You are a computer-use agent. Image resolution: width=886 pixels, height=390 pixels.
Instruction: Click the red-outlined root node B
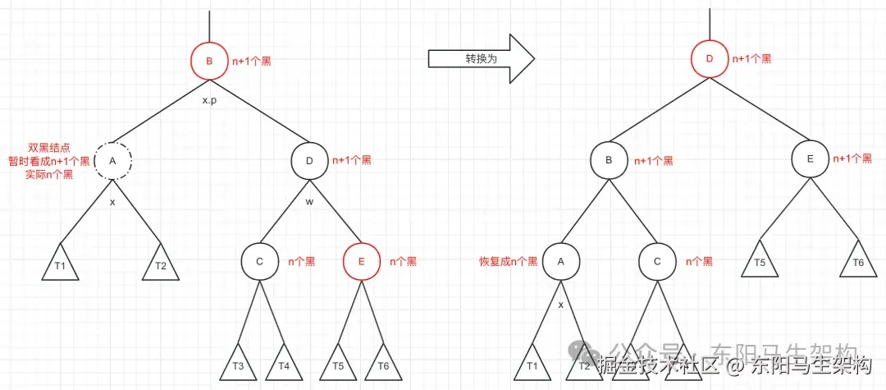pyautogui.click(x=208, y=61)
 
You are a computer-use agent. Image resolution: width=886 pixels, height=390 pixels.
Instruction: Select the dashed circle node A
pyautogui.click(x=112, y=160)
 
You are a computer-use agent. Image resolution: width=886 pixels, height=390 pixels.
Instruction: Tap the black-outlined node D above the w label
pyautogui.click(x=309, y=160)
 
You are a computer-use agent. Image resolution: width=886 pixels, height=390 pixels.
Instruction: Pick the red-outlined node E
pyautogui.click(x=362, y=261)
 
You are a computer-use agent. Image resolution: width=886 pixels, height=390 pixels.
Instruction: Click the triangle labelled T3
pyautogui.click(x=238, y=363)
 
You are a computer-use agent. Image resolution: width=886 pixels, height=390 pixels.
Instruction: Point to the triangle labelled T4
pyautogui.click(x=284, y=363)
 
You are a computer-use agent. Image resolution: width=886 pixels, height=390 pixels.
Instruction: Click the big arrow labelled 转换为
pyautogui.click(x=481, y=59)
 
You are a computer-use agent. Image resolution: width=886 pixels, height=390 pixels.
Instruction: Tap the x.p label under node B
pyautogui.click(x=209, y=100)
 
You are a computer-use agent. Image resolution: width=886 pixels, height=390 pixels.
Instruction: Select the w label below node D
pyautogui.click(x=309, y=200)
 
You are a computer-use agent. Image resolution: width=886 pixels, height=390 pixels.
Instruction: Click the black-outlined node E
pyautogui.click(x=809, y=160)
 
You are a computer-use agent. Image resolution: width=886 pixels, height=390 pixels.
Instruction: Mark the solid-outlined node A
pyautogui.click(x=561, y=261)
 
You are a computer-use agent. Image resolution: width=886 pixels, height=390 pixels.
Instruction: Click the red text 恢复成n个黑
pyautogui.click(x=509, y=262)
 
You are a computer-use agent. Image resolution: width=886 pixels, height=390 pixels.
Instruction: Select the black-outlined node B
pyautogui.click(x=609, y=160)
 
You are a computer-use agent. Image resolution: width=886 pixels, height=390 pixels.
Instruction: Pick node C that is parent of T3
pyautogui.click(x=259, y=261)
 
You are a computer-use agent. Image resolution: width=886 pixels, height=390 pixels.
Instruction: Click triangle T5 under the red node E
pyautogui.click(x=339, y=363)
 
